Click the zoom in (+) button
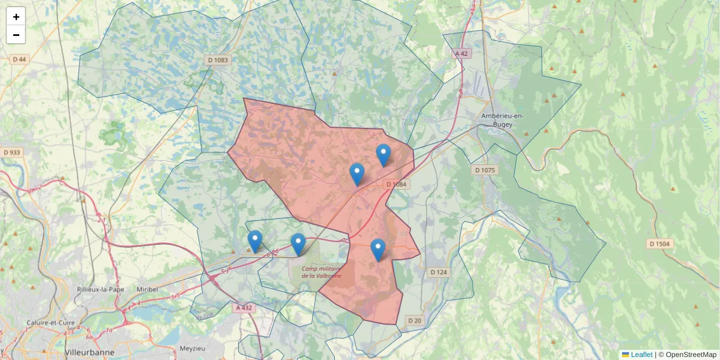coord(16,17)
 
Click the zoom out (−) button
coord(16,35)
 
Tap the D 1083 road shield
coord(218,60)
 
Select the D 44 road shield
coord(20,59)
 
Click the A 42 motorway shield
coord(461,53)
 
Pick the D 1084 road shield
coord(396,184)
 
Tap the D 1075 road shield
coord(485,170)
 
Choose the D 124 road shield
coord(439,272)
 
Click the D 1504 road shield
coord(661,244)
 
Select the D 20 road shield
coord(415,321)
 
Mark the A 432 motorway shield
coord(244,307)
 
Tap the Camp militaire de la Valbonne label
coord(322,272)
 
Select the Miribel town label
coord(147,289)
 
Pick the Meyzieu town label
coord(193,348)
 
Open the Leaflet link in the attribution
coord(641,355)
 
